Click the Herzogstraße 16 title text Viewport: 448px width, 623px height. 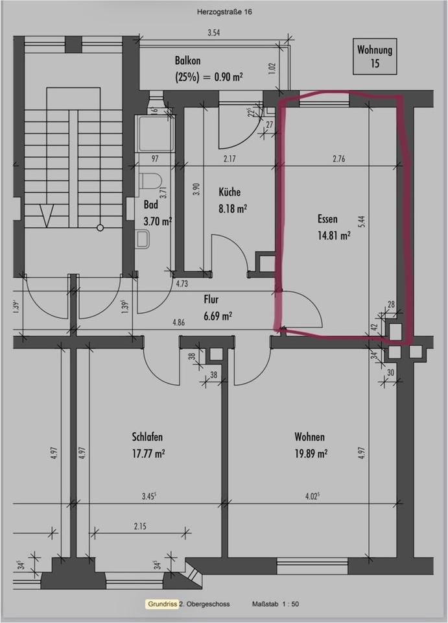[224, 11]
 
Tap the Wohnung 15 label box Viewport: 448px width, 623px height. [375, 56]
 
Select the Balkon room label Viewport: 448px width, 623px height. [187, 60]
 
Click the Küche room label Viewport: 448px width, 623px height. [230, 192]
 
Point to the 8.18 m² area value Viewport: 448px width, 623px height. [232, 208]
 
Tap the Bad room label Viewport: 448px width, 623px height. [150, 204]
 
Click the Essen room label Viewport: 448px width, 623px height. [328, 219]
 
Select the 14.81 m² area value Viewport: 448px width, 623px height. [334, 236]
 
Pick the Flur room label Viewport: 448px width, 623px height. [211, 300]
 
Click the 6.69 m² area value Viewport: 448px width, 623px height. [218, 316]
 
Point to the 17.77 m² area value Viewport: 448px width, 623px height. [149, 453]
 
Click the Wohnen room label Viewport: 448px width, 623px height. [309, 437]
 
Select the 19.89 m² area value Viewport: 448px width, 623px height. [311, 453]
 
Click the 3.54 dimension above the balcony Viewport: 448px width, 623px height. [213, 32]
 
